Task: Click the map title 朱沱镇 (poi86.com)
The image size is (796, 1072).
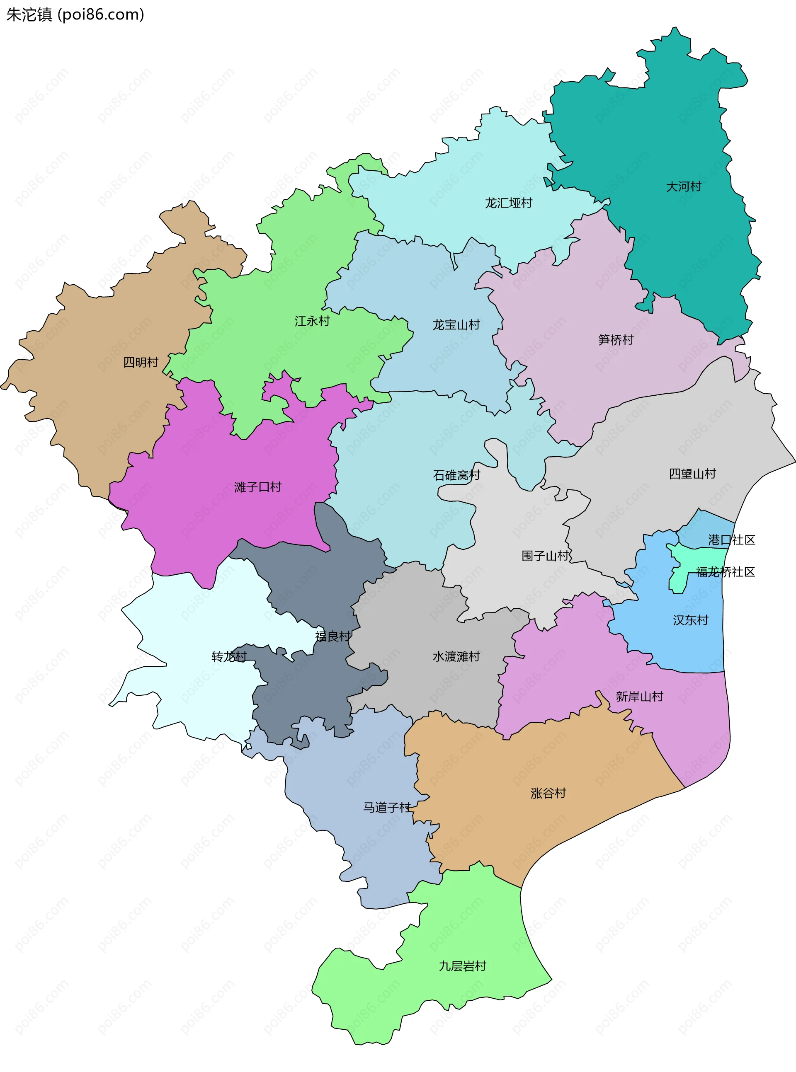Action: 75,15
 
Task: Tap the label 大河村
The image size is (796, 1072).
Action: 683,186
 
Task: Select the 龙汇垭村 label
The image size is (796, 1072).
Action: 508,203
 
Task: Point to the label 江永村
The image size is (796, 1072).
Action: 312,321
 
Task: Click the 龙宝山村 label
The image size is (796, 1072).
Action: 456,324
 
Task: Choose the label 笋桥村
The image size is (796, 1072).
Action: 615,339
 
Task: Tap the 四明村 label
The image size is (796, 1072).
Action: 141,362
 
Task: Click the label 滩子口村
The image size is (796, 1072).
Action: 258,487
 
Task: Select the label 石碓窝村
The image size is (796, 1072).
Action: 456,475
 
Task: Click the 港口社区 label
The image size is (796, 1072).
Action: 731,540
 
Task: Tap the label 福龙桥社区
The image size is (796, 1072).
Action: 725,572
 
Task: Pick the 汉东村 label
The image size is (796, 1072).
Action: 690,620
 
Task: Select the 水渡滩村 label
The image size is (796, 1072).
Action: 456,656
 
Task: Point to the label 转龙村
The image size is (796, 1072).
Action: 229,656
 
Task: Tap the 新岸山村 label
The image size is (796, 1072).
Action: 639,697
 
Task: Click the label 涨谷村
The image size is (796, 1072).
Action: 548,793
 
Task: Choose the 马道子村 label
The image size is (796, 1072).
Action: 387,807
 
